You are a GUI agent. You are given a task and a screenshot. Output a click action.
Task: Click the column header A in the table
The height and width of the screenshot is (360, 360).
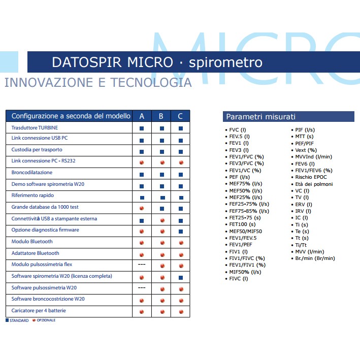click(142, 116)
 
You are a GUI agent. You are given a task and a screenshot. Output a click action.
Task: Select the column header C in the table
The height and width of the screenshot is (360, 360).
click(180, 116)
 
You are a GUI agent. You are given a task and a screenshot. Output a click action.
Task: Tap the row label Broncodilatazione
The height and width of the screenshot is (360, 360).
click(32, 173)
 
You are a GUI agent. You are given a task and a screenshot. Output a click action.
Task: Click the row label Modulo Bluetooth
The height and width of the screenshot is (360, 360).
click(32, 242)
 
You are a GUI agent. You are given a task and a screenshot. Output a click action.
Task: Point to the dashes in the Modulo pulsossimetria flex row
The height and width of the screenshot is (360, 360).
click(142, 265)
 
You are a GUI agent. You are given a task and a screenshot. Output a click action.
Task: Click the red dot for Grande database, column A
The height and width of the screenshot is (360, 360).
click(142, 207)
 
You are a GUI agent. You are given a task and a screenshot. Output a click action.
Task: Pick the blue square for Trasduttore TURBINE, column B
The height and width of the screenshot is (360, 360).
click(161, 128)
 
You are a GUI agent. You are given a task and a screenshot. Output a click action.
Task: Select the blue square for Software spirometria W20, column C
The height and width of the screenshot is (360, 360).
click(181, 276)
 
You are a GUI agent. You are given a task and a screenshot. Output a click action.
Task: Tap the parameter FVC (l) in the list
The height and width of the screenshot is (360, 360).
click(238, 130)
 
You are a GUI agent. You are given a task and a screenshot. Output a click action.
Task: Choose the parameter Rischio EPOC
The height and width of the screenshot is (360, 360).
click(311, 177)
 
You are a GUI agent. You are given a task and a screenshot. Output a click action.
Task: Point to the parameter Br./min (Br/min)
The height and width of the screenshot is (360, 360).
click(315, 258)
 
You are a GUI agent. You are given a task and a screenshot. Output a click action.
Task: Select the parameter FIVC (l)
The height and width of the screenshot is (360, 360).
click(239, 279)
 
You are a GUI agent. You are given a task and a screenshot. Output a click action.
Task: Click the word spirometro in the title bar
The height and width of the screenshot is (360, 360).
click(225, 62)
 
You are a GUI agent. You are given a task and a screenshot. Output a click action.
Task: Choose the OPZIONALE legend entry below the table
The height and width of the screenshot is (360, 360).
click(45, 320)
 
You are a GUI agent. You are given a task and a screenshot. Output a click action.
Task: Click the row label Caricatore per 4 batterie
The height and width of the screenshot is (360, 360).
click(39, 310)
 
